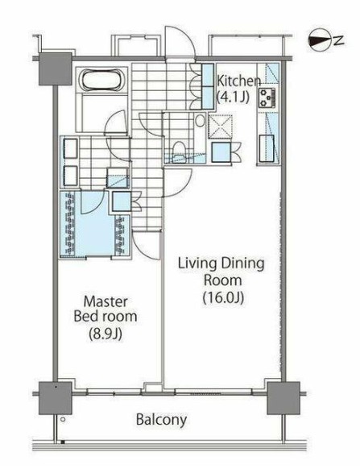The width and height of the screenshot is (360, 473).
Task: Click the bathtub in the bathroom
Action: click(101, 80)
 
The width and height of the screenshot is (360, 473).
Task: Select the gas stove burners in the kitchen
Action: click(267, 98)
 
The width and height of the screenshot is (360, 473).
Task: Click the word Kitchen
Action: click(239, 81)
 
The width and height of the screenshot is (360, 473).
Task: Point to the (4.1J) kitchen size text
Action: click(233, 97)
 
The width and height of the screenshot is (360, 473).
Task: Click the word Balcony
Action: click(161, 420)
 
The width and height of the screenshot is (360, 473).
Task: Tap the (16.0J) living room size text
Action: click(223, 297)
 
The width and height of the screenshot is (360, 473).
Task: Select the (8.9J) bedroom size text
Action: click(106, 334)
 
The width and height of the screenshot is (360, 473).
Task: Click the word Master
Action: click(106, 301)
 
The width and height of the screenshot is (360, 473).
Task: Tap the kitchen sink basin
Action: click(267, 148)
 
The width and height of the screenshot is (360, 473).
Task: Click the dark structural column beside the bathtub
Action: click(56, 69)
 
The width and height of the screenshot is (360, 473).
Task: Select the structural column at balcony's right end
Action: click(283, 398)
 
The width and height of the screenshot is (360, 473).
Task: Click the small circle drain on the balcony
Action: click(63, 419)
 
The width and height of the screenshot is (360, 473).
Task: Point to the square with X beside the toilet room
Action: click(221, 127)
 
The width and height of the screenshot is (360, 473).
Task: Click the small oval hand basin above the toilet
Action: click(200, 121)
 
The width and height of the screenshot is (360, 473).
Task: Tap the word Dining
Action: click(242, 264)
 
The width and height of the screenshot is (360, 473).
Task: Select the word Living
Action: click(197, 264)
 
